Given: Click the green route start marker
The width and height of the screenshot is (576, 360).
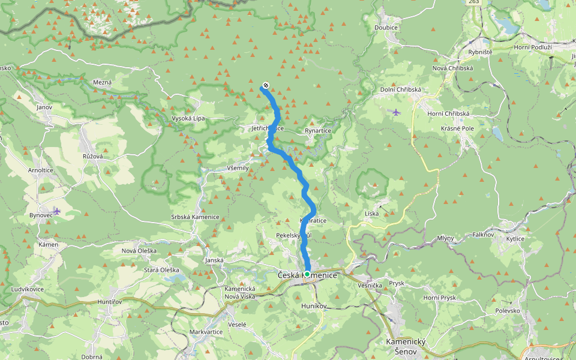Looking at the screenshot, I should pyautogui.click(x=307, y=274).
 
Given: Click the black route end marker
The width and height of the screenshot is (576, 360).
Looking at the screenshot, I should pyautogui.click(x=266, y=85).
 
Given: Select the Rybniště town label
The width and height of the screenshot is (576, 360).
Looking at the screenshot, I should pyautogui.click(x=480, y=52).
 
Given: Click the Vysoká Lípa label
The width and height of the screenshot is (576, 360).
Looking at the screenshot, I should pyautogui.click(x=188, y=118).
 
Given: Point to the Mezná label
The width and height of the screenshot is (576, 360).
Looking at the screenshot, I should pyautogui.click(x=103, y=82).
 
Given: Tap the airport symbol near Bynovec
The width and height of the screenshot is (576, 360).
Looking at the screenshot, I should pyautogui.click(x=56, y=211).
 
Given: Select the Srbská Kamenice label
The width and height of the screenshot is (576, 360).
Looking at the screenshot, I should pyautogui.click(x=195, y=217).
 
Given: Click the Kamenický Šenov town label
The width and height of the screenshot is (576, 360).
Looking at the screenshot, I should pyautogui.click(x=406, y=346).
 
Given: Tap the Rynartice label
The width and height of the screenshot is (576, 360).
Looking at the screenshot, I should pyautogui.click(x=318, y=130).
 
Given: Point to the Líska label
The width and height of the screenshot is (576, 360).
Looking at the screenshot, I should pyautogui.click(x=371, y=214).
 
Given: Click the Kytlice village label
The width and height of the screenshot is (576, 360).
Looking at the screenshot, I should pyautogui.click(x=515, y=239).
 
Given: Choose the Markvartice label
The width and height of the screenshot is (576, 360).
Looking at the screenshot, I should pyautogui.click(x=206, y=332).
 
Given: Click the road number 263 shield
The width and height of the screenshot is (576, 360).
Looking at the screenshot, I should pyautogui.click(x=474, y=2).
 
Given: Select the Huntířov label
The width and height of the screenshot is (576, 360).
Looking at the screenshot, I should pyautogui.click(x=110, y=302).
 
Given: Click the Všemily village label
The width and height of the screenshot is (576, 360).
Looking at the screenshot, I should pyautogui.click(x=238, y=168).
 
